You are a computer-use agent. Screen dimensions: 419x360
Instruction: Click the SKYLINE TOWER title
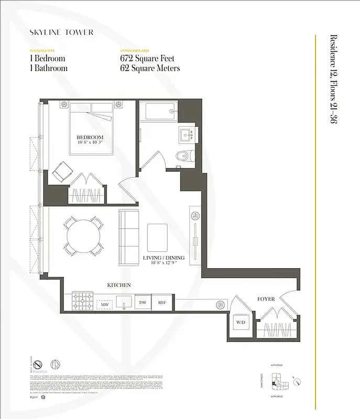61,32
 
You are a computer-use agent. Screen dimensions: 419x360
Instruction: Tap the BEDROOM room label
90,137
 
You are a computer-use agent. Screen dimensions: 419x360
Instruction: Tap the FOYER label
266,299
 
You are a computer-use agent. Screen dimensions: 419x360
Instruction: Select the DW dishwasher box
142,302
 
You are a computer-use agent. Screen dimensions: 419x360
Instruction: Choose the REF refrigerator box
162,302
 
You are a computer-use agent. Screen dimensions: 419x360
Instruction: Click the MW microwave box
104,304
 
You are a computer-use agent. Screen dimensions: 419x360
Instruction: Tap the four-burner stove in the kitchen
82,301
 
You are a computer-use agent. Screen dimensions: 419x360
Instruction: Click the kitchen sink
124,302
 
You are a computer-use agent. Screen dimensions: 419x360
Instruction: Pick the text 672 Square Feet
147,59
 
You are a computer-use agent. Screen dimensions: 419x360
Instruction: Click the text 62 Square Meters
150,68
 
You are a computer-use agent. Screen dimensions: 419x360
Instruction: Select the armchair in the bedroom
62,170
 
